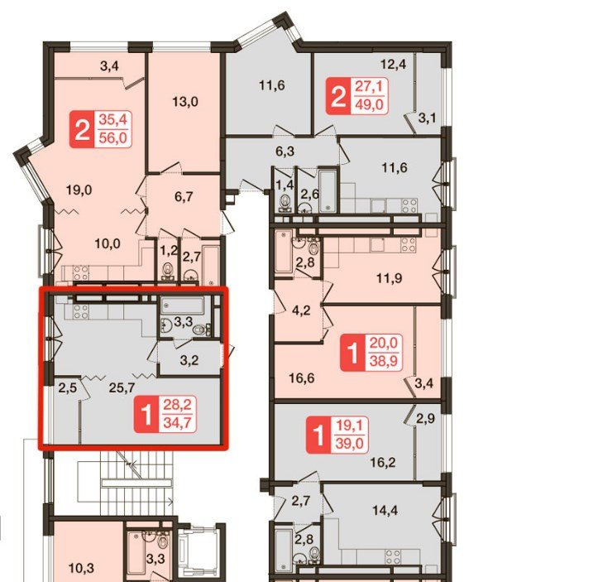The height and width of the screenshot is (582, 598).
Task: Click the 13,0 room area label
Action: pyautogui.click(x=185, y=102)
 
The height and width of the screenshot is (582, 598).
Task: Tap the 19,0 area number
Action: pyautogui.click(x=79, y=190)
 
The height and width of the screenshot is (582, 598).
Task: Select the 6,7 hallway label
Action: pyautogui.click(x=184, y=197)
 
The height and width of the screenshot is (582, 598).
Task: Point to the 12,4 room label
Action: pyautogui.click(x=393, y=65)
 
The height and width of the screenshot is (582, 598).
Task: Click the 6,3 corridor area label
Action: pyautogui.click(x=285, y=152)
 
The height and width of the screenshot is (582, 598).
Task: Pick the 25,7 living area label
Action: pyautogui.click(x=122, y=388)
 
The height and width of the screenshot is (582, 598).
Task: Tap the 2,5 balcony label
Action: pyautogui.click(x=68, y=388)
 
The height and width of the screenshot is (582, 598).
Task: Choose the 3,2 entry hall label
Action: pyautogui.click(x=189, y=360)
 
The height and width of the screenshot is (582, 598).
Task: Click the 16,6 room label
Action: pyautogui.click(x=302, y=378)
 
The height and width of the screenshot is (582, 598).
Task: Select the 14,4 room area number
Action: pyautogui.click(x=385, y=510)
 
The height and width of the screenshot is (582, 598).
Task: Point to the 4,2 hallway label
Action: pyautogui.click(x=301, y=310)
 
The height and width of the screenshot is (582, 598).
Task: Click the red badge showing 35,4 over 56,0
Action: pyautogui.click(x=101, y=129)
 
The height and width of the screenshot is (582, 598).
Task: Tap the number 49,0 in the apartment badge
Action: pyautogui.click(x=370, y=103)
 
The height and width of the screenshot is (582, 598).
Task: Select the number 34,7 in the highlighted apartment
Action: pyautogui.click(x=177, y=422)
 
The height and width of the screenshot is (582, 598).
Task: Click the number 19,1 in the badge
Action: pyautogui.click(x=350, y=425)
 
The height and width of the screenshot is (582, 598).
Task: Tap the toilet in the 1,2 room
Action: pyautogui.click(x=167, y=270)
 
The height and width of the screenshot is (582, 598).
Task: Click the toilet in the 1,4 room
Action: pyautogui.click(x=285, y=202)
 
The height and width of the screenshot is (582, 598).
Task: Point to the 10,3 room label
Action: pyautogui.click(x=81, y=568)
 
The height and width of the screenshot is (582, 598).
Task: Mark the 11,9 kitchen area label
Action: pyautogui.click(x=389, y=278)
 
